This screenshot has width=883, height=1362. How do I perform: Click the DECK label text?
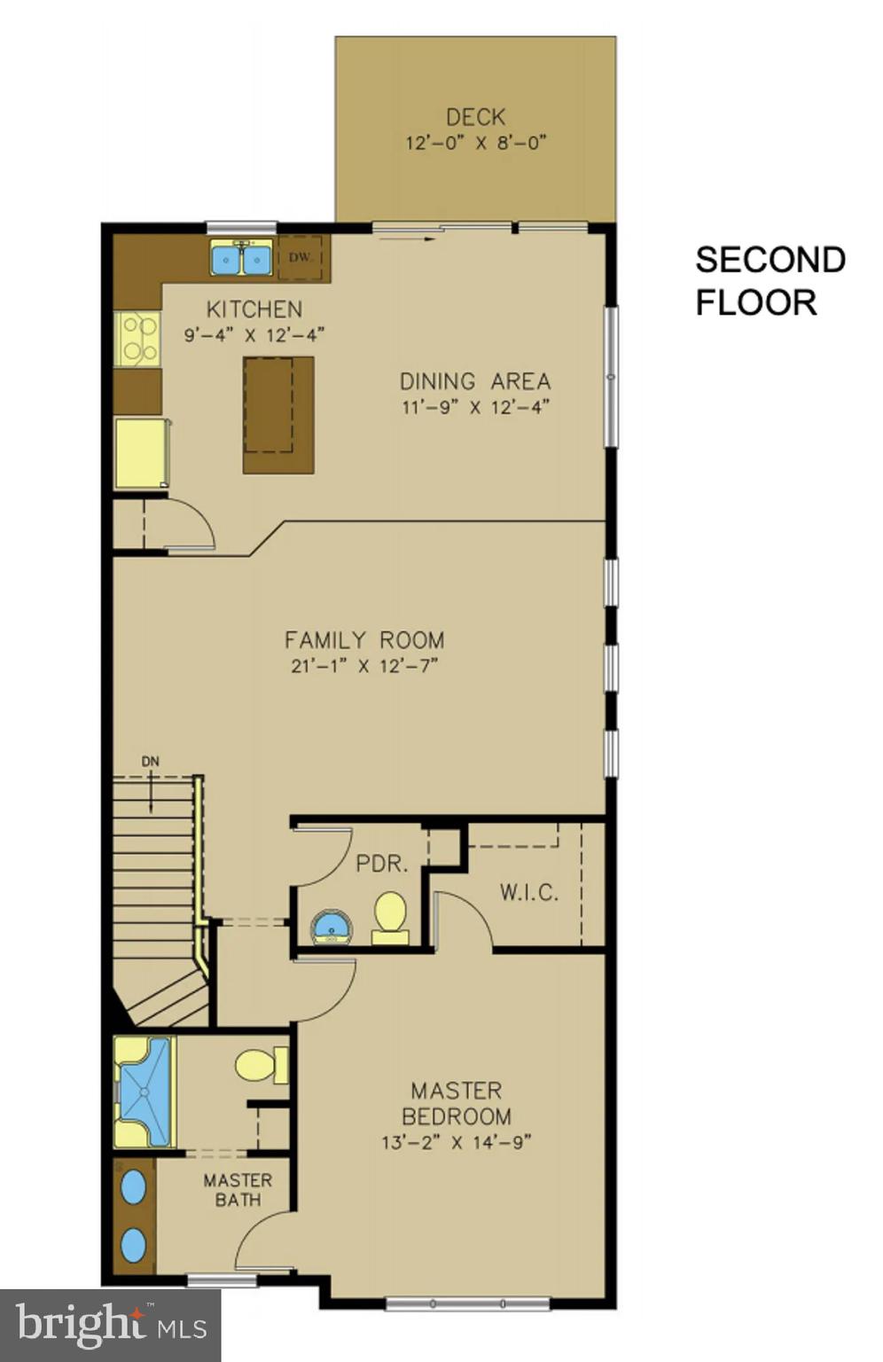[475, 117]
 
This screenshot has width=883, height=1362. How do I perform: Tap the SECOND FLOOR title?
[770, 281]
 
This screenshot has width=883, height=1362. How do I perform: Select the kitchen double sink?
[241, 258]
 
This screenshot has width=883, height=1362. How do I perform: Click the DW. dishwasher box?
[301, 257]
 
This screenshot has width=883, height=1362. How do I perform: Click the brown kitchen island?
[278, 415]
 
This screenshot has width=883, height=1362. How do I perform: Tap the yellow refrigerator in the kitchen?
[141, 453]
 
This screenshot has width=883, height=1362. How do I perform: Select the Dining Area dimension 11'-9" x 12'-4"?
[474, 408]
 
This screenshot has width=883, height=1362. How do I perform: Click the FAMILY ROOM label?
[364, 639]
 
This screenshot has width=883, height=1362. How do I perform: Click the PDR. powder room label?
[382, 864]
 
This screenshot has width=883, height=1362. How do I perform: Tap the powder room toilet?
[390, 916]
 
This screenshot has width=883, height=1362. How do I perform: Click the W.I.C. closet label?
[529, 892]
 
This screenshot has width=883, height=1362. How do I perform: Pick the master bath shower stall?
[145, 1092]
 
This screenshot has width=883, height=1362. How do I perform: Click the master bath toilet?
[260, 1065]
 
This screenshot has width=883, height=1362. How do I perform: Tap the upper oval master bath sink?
[134, 1186]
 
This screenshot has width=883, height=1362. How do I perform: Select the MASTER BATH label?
[238, 1190]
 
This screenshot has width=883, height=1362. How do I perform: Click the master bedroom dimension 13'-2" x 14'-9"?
[456, 1143]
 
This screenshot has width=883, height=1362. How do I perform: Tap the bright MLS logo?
[110, 1326]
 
